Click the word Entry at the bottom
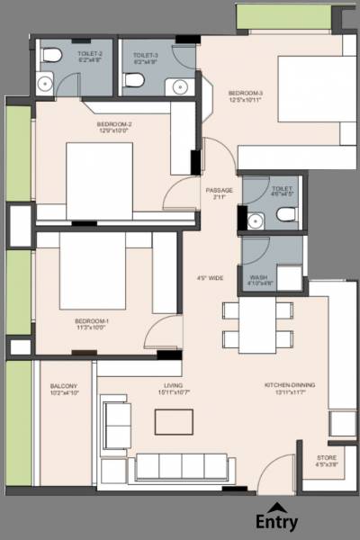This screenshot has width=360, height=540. point(276,522)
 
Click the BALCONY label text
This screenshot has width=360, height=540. point(64,389)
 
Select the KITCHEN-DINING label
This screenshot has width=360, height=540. point(290,388)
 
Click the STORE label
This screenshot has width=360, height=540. point(326,461)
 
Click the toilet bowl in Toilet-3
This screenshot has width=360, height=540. point(134,82)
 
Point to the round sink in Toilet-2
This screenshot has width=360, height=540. point(45,84)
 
